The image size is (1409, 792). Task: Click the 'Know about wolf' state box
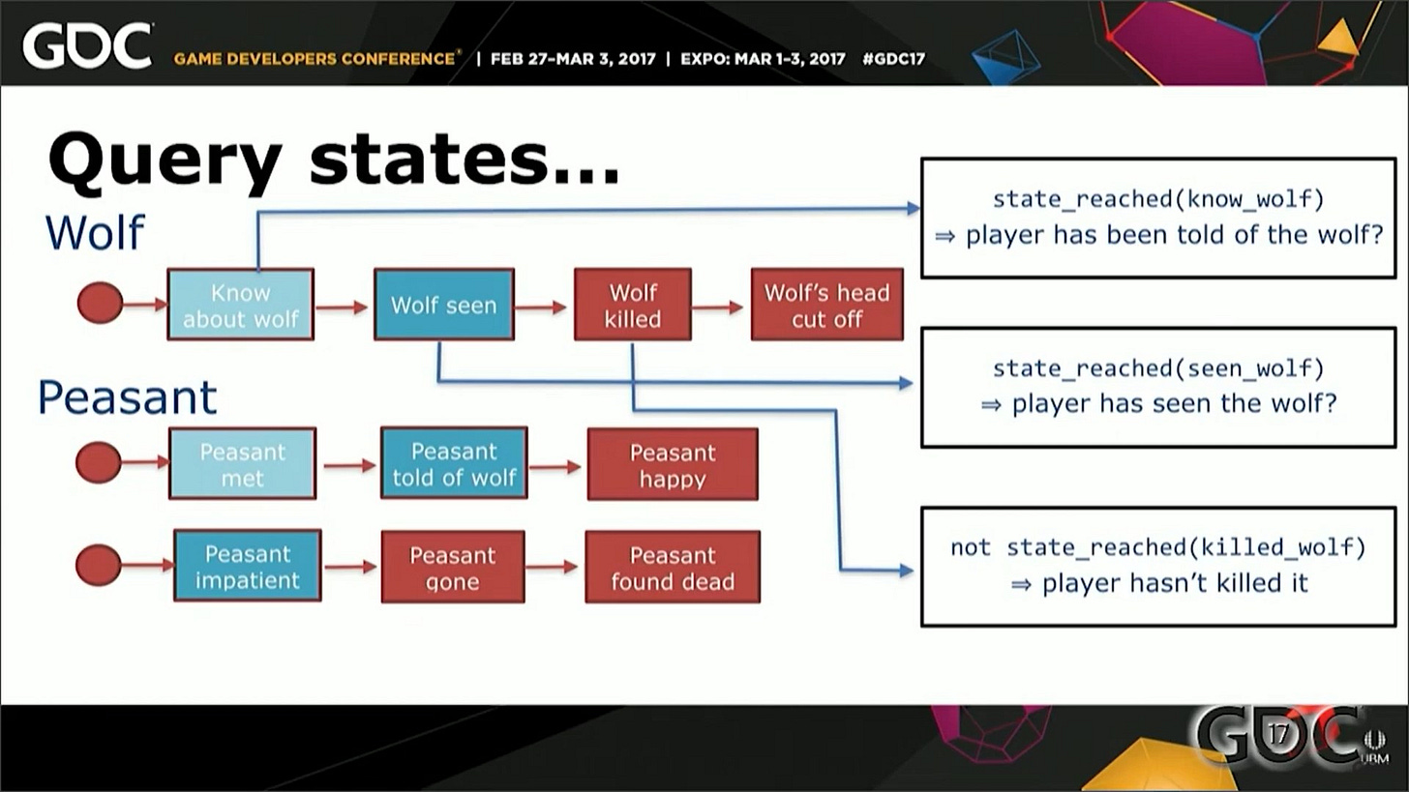click(240, 305)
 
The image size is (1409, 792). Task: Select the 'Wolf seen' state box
click(444, 305)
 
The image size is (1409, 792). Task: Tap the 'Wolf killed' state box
click(633, 305)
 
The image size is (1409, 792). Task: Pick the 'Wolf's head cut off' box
click(826, 305)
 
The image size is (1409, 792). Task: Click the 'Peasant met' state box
click(242, 464)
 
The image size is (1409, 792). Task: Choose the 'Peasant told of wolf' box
click(454, 463)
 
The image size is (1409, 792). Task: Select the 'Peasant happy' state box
click(673, 465)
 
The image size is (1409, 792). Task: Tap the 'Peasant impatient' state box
click(247, 566)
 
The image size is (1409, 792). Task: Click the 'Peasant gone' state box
click(452, 567)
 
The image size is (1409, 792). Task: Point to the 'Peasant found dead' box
click(673, 567)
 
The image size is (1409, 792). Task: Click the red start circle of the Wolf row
click(100, 304)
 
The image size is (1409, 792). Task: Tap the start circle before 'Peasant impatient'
click(99, 566)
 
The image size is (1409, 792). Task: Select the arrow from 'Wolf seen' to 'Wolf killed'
click(542, 308)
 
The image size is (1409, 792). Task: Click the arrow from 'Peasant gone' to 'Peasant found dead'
click(553, 567)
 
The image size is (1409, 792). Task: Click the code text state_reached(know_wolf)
click(1157, 199)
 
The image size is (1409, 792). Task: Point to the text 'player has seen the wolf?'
click(1174, 403)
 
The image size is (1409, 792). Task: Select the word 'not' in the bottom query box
click(970, 547)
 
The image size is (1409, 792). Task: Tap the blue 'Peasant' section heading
click(127, 397)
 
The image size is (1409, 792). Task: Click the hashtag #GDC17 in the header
click(892, 58)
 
